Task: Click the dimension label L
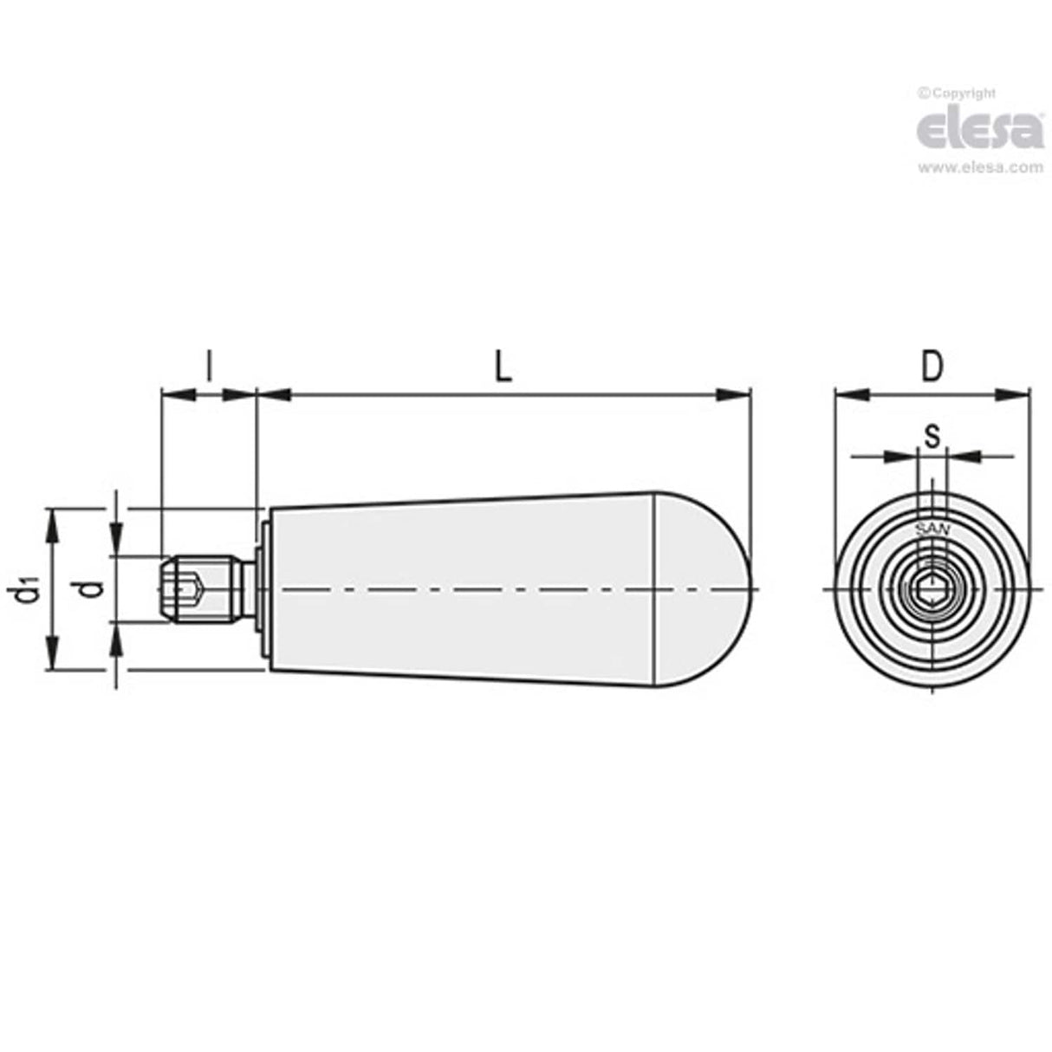503,367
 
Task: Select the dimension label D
931,367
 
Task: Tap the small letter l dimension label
209,367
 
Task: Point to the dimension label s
932,436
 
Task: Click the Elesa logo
979,131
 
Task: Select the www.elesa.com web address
980,168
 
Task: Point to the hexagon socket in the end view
932,591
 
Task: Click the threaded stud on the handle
201,590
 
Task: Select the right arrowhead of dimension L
732,395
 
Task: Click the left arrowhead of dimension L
274,395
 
